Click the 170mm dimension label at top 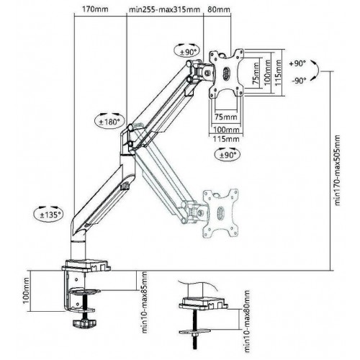point(95,9)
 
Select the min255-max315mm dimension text point(164,9)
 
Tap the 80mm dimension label point(219,9)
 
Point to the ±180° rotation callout point(109,121)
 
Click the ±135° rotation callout point(49,214)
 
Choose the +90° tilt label point(297,63)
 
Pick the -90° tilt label point(300,81)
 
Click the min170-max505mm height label point(338,170)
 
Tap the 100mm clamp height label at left point(26,290)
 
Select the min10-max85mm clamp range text point(145,302)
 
